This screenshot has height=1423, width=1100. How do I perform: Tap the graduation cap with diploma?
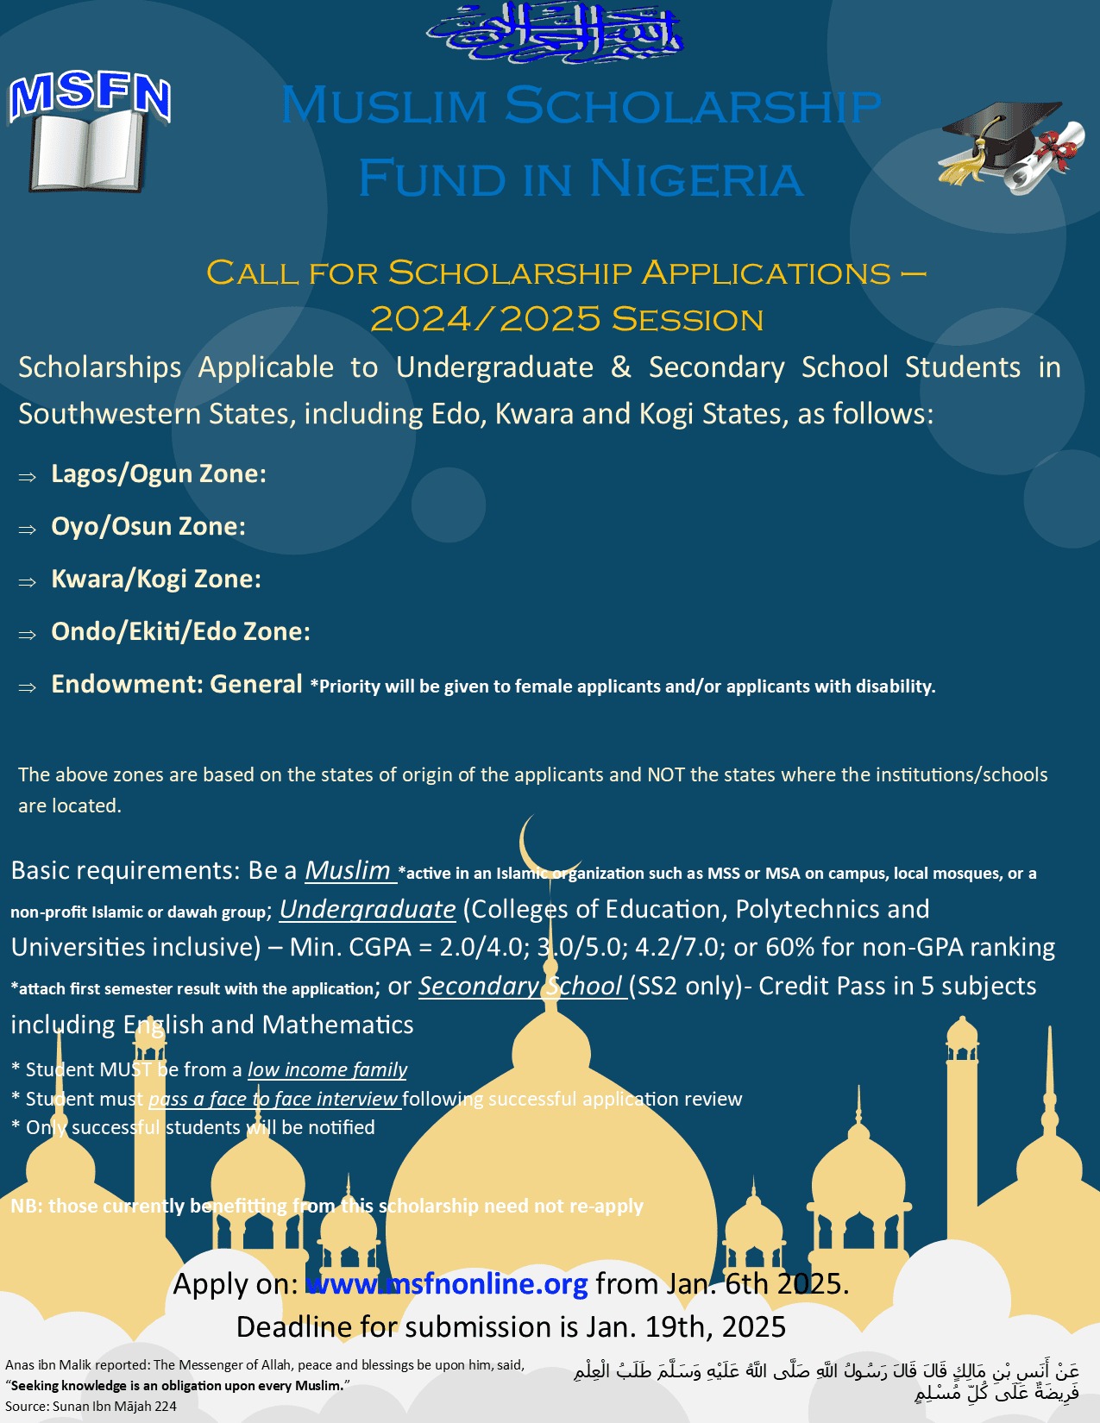[x=1011, y=147]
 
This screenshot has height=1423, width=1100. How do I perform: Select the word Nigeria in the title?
[x=696, y=179]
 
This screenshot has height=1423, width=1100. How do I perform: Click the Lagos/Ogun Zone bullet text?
[x=159, y=473]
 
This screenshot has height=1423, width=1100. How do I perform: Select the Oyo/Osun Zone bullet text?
[x=148, y=526]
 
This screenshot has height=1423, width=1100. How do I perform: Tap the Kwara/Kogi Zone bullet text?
[x=156, y=579]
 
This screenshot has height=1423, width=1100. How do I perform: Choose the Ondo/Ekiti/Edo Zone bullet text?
[x=180, y=631]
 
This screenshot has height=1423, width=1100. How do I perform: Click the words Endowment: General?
[x=177, y=684]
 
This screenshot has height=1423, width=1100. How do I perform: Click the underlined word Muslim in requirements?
[x=348, y=871]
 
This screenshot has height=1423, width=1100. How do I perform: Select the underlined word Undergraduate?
[x=368, y=909]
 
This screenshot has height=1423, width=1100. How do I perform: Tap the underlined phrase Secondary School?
[x=520, y=986]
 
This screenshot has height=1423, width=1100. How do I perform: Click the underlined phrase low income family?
[x=327, y=1069]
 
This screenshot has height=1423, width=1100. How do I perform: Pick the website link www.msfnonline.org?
[x=447, y=1283]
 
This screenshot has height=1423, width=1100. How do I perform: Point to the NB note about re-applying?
[x=327, y=1206]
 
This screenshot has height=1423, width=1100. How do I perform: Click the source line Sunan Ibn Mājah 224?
[x=91, y=1406]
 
